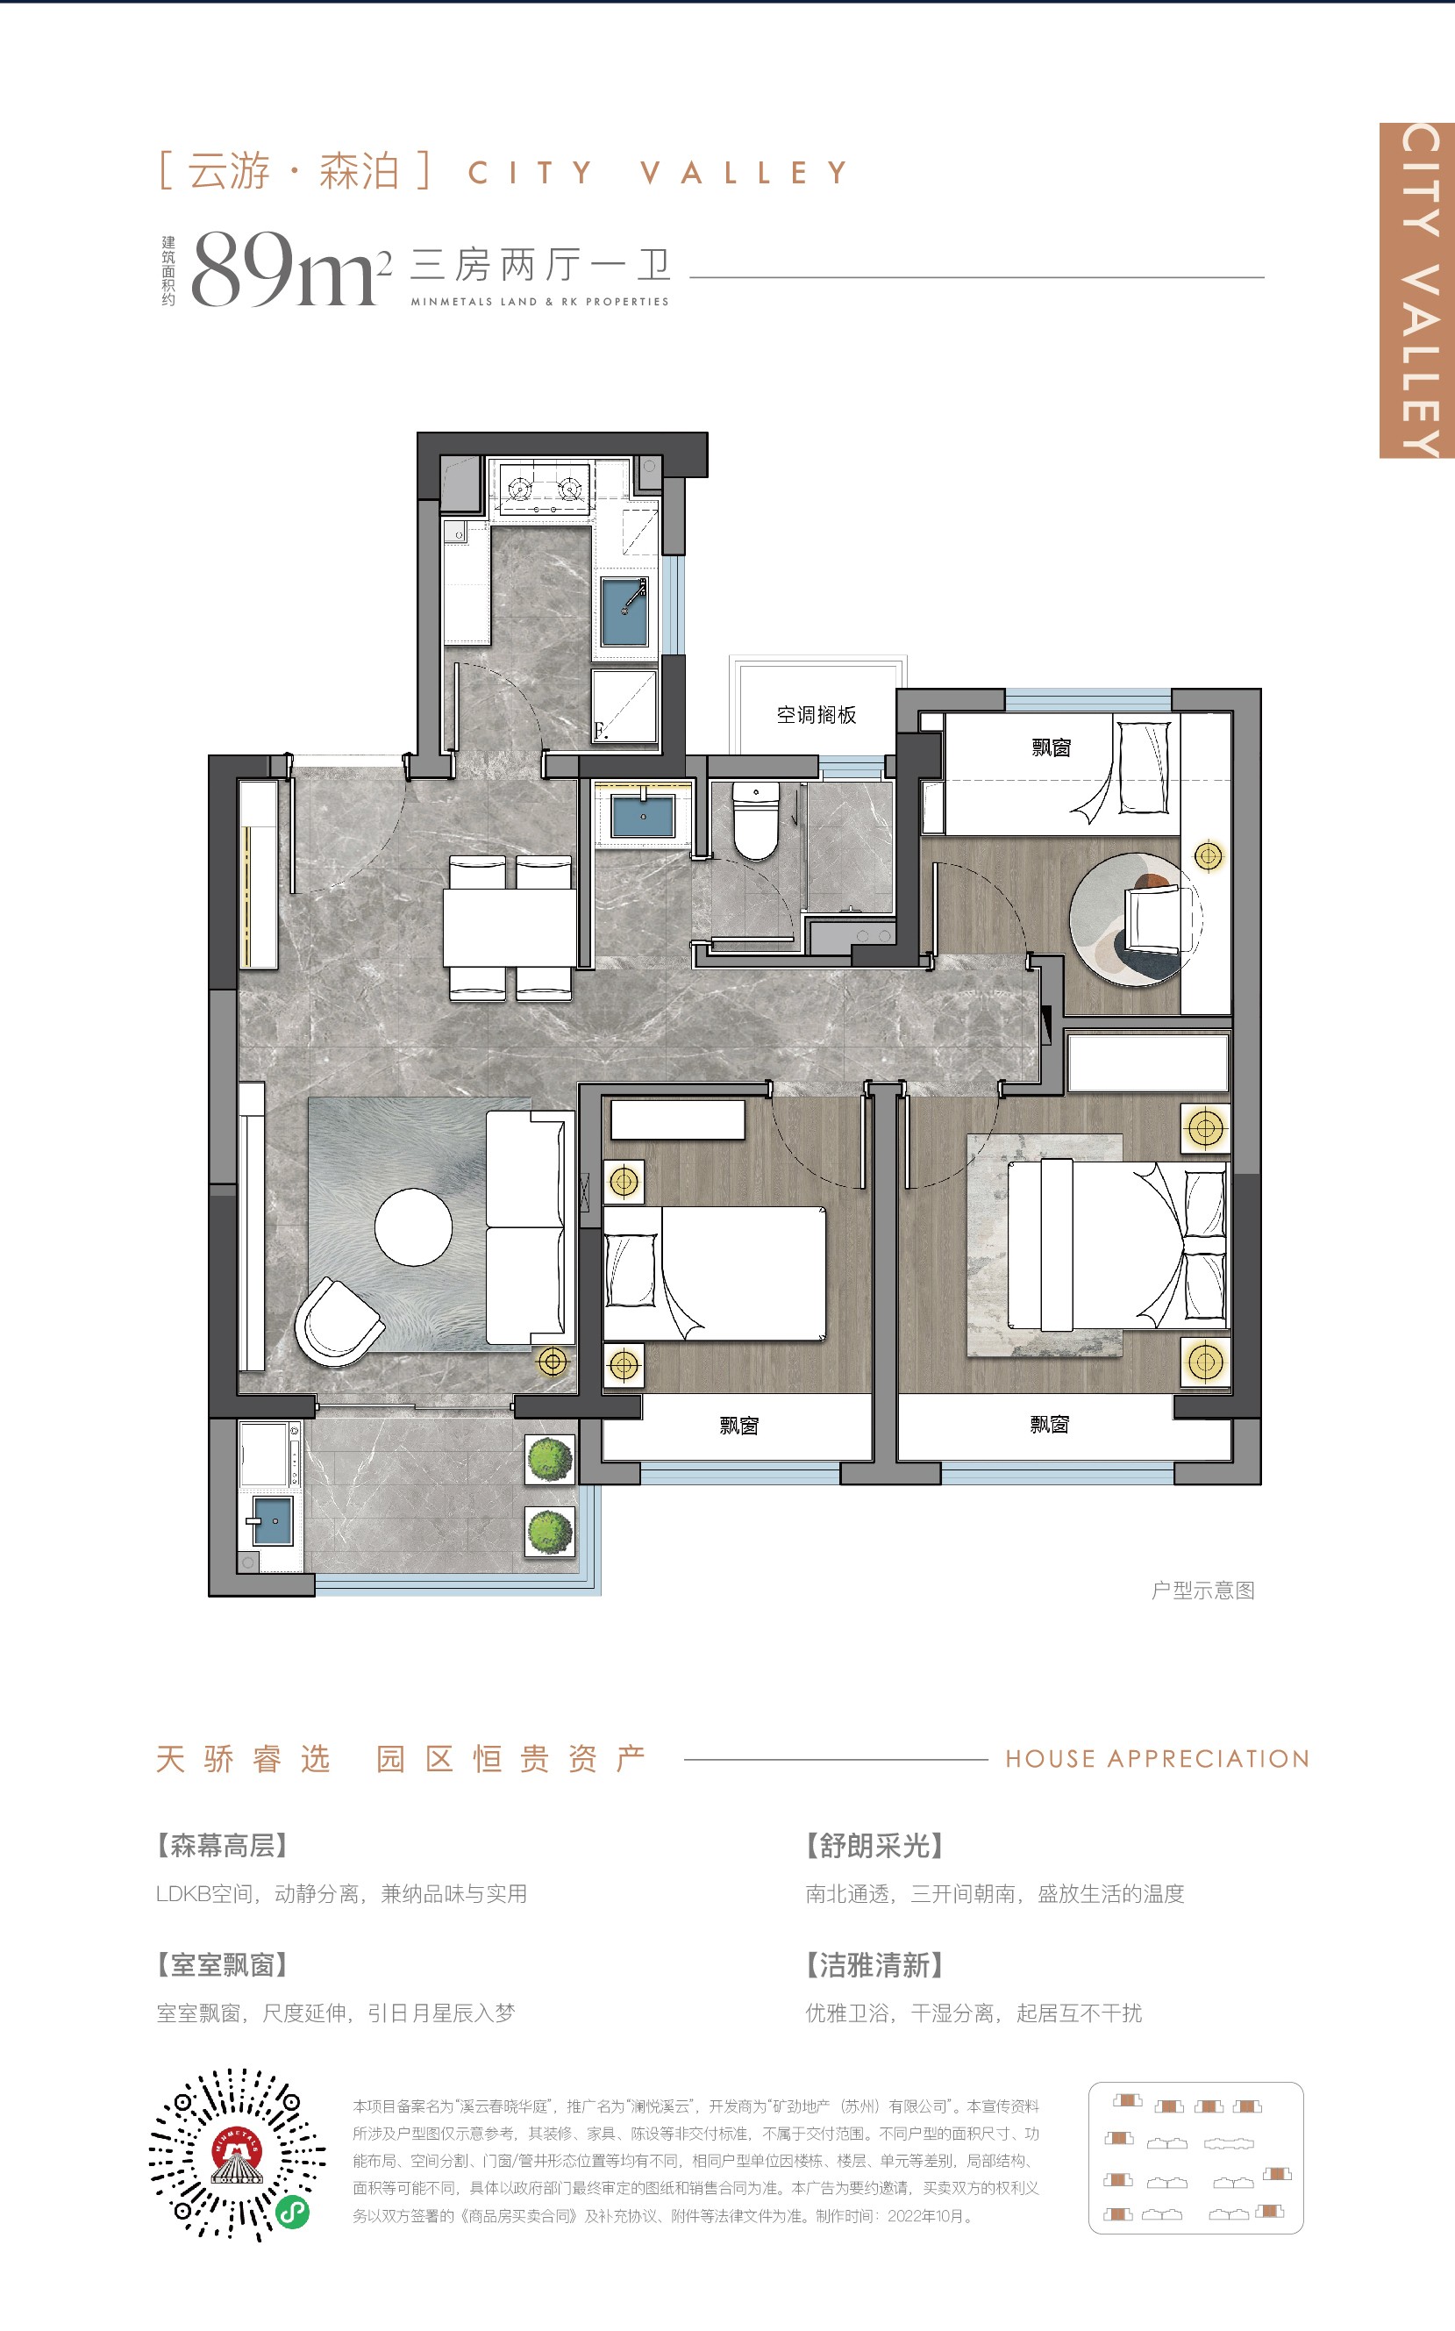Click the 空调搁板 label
[816, 714]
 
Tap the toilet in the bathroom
[755, 819]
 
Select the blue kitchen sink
[624, 611]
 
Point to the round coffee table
[414, 1227]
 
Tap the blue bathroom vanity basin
[643, 814]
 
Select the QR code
[237, 2155]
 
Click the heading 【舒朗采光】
[874, 1845]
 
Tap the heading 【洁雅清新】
[874, 1964]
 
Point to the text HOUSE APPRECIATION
[1158, 1758]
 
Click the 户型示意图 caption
[1204, 1590]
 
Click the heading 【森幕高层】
[222, 1845]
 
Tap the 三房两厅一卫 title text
[541, 264]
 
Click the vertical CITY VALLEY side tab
[1417, 290]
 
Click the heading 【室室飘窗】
[222, 1964]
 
